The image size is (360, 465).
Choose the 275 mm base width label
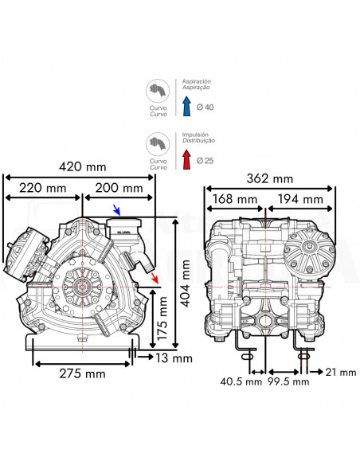[82, 373]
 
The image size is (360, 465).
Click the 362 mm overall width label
[270, 178]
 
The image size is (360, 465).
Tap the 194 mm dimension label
[301, 199]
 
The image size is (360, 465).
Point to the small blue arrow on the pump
[116, 210]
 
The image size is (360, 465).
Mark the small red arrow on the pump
[154, 278]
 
